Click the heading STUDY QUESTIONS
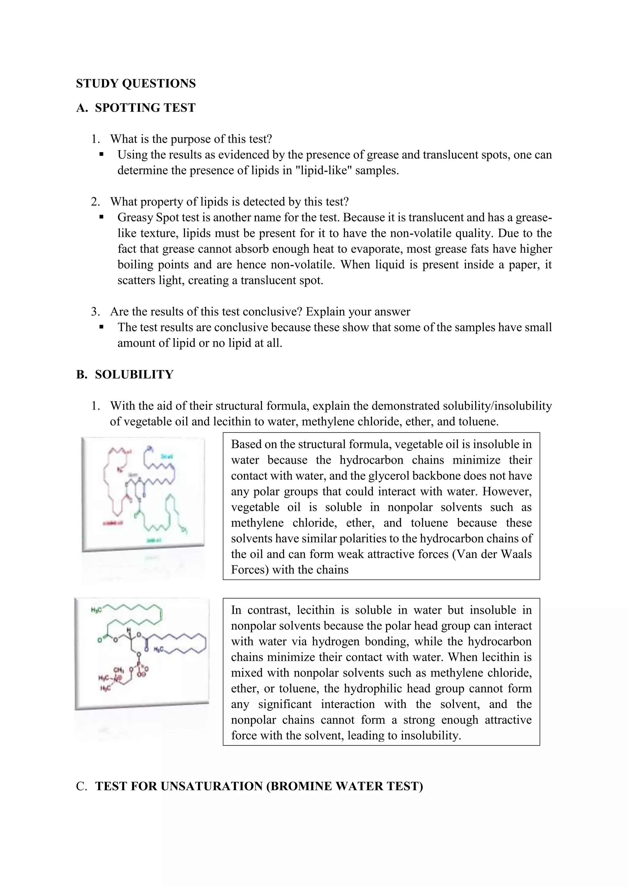pyautogui.click(x=136, y=83)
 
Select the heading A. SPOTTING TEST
pyautogui.click(x=136, y=108)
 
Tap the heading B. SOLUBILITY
pyautogui.click(x=124, y=374)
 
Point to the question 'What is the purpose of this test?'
pyautogui.click(x=191, y=139)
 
